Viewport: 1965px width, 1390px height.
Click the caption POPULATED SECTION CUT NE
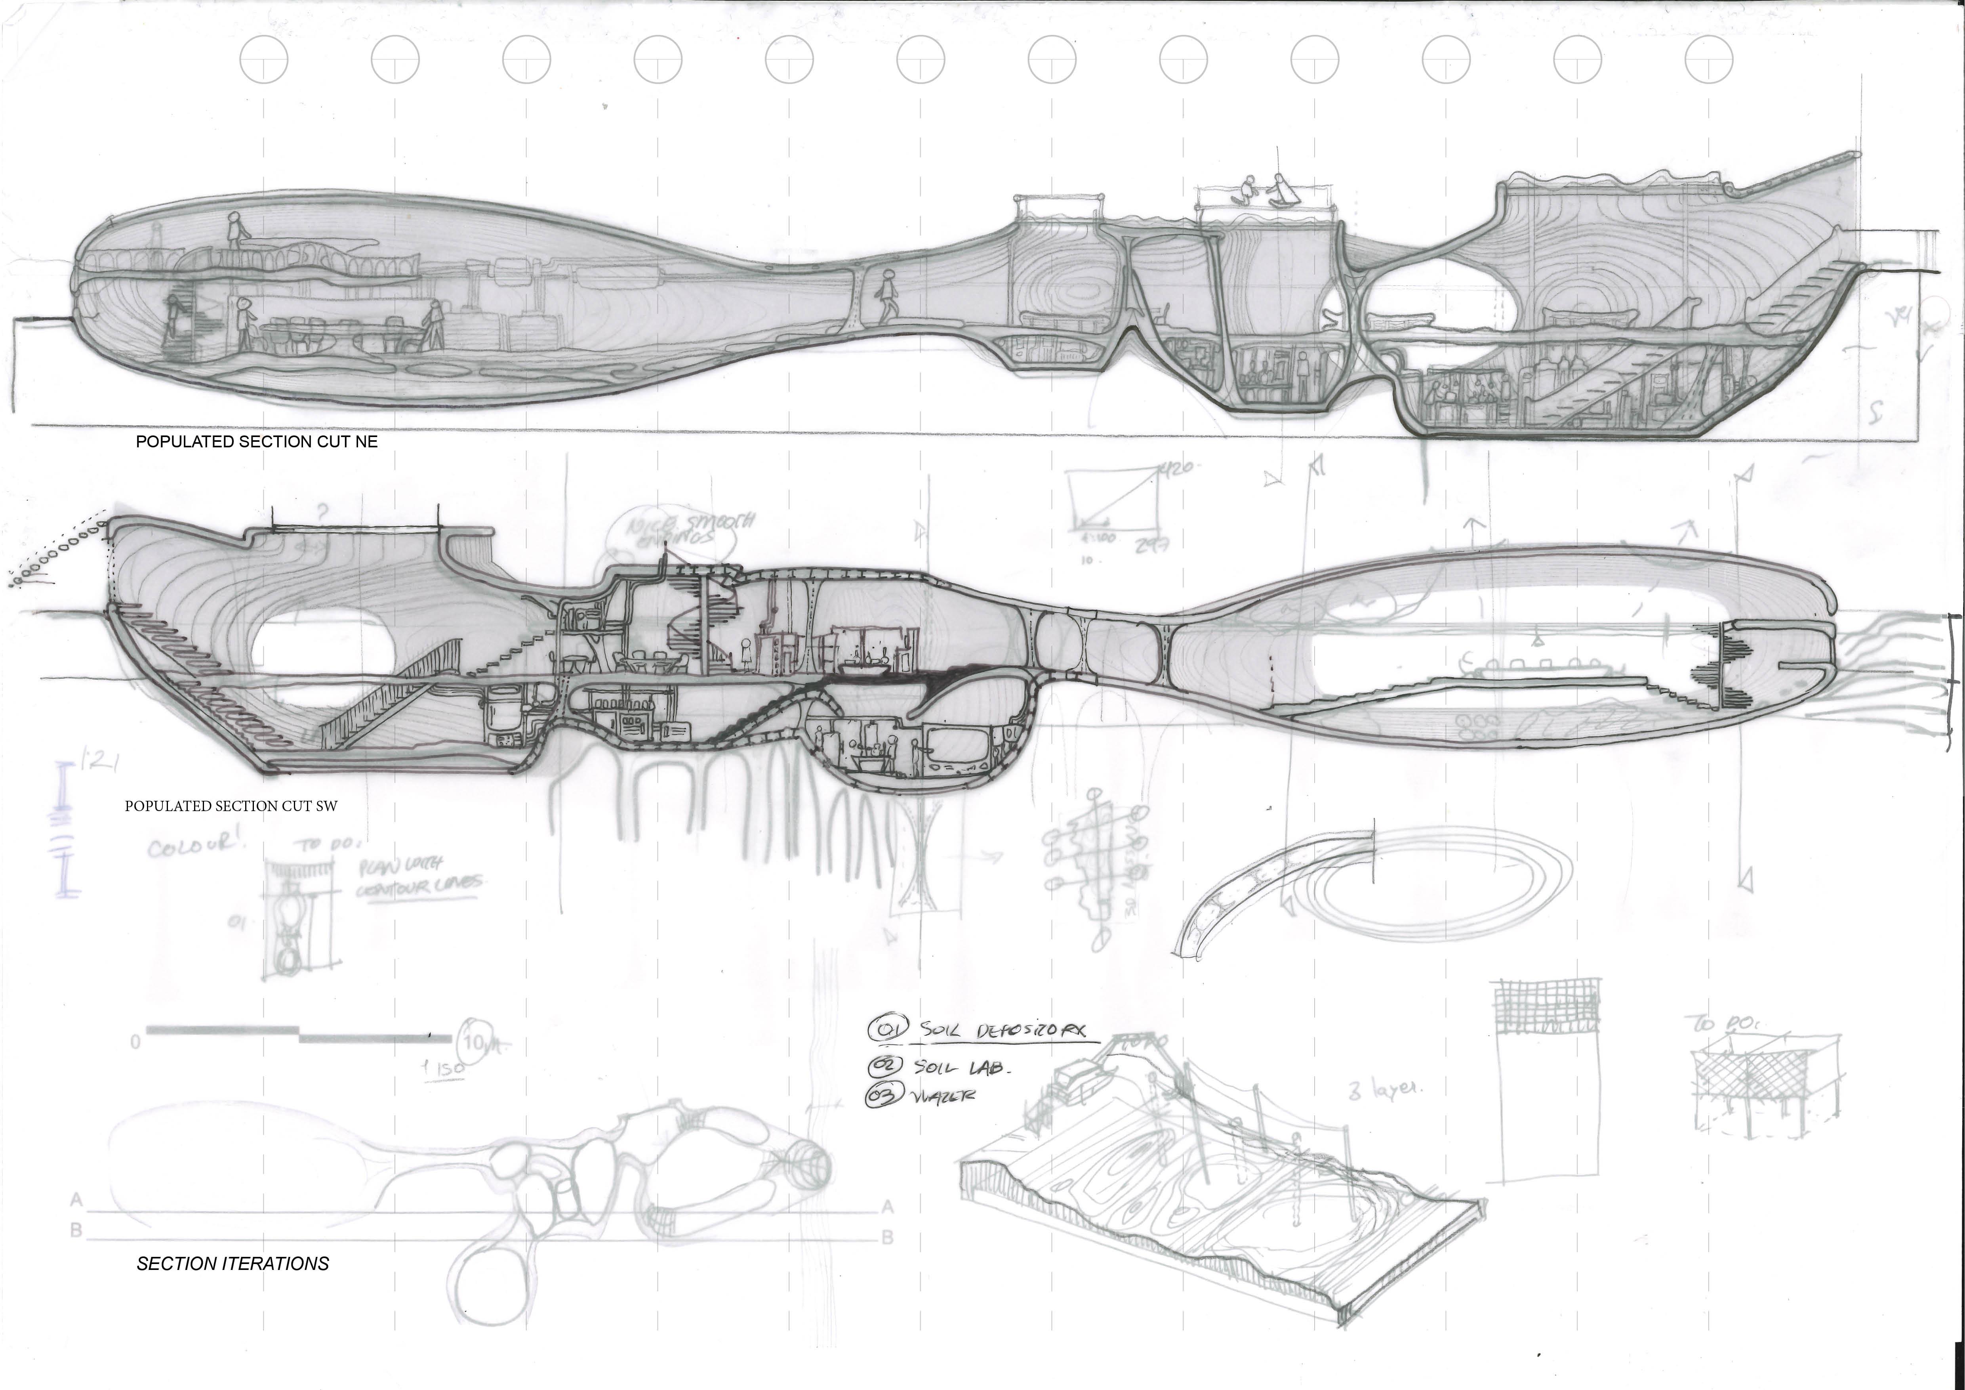click(257, 442)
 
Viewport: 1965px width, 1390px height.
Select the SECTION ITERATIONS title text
click(233, 1263)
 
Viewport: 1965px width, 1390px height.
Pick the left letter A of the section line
click(76, 1201)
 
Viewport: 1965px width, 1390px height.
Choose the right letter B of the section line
click(888, 1238)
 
